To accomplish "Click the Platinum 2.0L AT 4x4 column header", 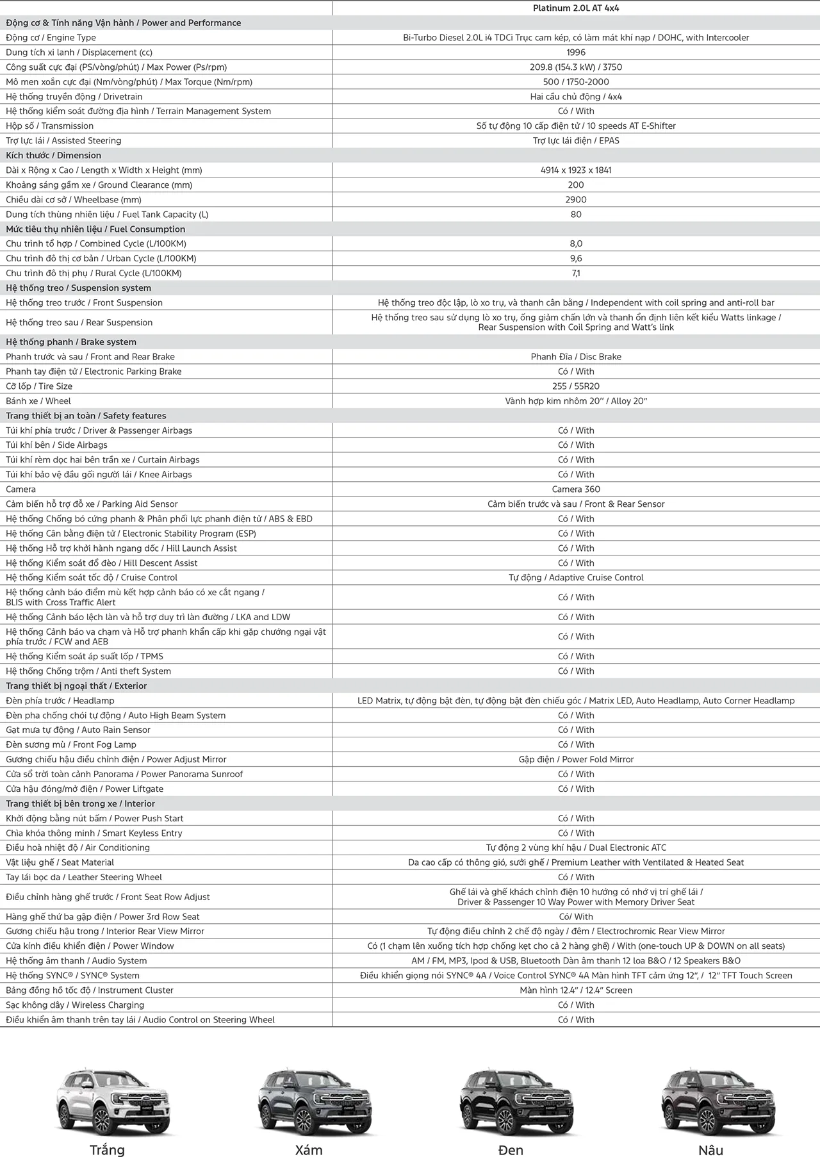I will pyautogui.click(x=576, y=8).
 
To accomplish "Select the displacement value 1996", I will pyautogui.click(x=576, y=53).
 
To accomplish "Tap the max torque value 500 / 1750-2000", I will pyautogui.click(x=576, y=82).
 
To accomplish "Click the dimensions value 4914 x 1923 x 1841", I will pyautogui.click(x=576, y=170).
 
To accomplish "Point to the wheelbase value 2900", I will pyautogui.click(x=576, y=200).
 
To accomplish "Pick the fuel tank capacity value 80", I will pyautogui.click(x=576, y=215).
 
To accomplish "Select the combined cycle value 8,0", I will pyautogui.click(x=576, y=244).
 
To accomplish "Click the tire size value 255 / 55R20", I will pyautogui.click(x=576, y=386).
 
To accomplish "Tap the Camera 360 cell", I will pyautogui.click(x=576, y=489).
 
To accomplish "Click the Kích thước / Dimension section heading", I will pyautogui.click(x=54, y=156).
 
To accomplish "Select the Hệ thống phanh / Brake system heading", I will pyautogui.click(x=71, y=342).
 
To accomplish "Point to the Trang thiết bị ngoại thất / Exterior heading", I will pyautogui.click(x=76, y=686).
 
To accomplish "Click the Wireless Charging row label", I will pyautogui.click(x=75, y=1005).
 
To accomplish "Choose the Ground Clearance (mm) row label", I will pyautogui.click(x=99, y=185).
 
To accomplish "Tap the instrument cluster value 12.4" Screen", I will pyautogui.click(x=576, y=990).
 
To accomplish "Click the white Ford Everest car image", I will pyautogui.click(x=107, y=1101).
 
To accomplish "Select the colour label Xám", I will pyautogui.click(x=309, y=1150).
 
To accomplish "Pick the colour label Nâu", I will pyautogui.click(x=711, y=1150).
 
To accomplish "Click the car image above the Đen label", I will pyautogui.click(x=511, y=1101).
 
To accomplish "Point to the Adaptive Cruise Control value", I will pyautogui.click(x=576, y=578).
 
